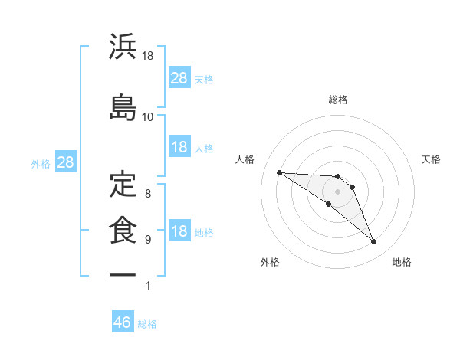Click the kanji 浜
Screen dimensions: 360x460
coord(123,47)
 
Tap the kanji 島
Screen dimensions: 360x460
coord(123,107)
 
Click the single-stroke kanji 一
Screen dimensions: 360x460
coord(123,273)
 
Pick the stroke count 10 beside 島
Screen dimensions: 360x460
coord(147,116)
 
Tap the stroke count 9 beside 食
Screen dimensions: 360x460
coord(148,240)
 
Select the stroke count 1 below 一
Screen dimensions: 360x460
coord(148,286)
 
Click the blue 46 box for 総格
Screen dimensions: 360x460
coord(123,322)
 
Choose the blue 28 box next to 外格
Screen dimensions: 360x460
coord(65,162)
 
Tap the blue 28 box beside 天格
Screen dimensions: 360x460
coord(179,78)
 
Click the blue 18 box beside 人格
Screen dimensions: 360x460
coord(179,147)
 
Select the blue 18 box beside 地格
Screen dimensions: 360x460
coord(179,232)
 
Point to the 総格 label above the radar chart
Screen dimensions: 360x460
coord(338,100)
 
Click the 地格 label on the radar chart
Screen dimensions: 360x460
coord(402,262)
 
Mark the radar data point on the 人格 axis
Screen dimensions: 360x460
coord(279,172)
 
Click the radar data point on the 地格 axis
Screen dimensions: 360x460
coord(374,242)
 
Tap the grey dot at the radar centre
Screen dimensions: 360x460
coord(338,191)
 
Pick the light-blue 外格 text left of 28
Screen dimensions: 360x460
coord(41,163)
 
